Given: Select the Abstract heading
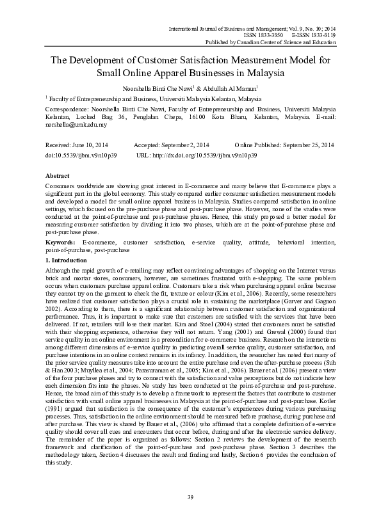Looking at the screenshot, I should [x=58, y=175].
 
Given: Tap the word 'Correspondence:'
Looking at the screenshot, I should [x=70, y=109].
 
